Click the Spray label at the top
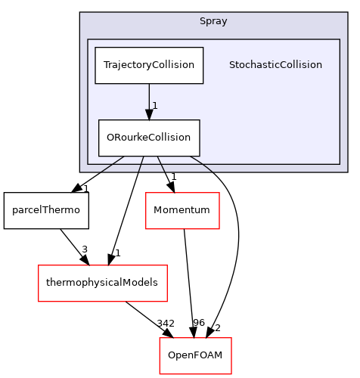coord(213,21)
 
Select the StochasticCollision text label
coord(275,65)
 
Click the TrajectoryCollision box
coord(149,66)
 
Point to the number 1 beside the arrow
coord(155,106)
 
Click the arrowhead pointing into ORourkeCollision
coord(149,114)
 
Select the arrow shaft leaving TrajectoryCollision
coord(149,95)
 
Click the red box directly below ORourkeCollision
coord(182,211)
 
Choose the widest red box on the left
coord(102,283)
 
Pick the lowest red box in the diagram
coord(195,355)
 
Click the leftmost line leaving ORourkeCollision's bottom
coord(113,163)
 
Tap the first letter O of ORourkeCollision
coord(110,138)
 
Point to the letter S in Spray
coord(203,21)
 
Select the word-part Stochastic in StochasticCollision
coord(253,65)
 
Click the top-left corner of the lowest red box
coord(160,338)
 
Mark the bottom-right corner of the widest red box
coord(166,301)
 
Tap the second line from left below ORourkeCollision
coord(141,165)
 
